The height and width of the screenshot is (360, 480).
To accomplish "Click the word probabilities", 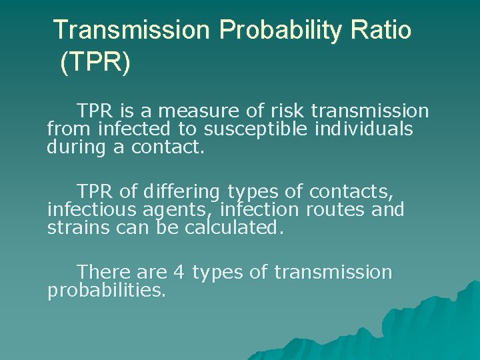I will point(107,291).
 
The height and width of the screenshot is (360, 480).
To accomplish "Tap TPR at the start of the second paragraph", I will point(95,193).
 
